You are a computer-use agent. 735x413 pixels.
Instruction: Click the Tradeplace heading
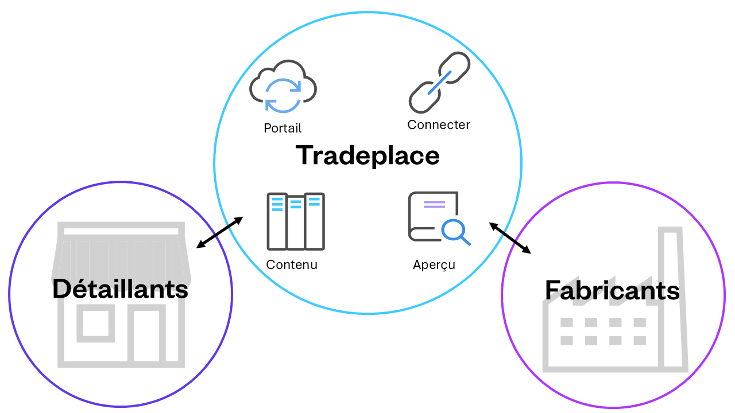(x=367, y=155)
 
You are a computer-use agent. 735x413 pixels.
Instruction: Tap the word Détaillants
(x=120, y=289)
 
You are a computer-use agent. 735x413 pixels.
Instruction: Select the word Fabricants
(x=612, y=290)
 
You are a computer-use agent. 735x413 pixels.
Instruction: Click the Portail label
(x=283, y=128)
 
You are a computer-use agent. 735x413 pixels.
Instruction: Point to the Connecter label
(x=439, y=124)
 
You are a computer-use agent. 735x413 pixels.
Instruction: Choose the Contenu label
(x=292, y=264)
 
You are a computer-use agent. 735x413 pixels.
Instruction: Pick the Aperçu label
(x=434, y=264)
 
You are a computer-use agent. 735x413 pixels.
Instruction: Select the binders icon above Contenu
(x=296, y=221)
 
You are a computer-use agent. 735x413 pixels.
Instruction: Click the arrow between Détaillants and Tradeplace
(x=219, y=233)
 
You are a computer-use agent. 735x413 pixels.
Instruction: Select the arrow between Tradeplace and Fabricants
(x=510, y=238)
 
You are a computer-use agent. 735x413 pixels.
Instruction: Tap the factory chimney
(x=672, y=298)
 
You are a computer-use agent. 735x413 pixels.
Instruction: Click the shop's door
(x=146, y=336)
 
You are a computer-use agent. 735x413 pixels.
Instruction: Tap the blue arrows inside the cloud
(x=283, y=95)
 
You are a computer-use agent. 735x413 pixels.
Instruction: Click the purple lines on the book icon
(x=434, y=204)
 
